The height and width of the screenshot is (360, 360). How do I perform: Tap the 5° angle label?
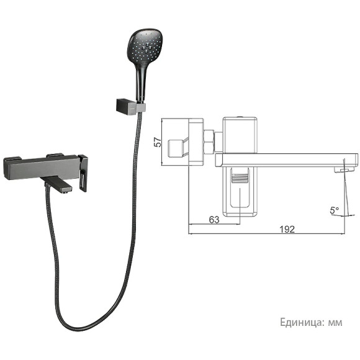335,211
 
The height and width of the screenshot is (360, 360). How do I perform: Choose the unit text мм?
335,322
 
